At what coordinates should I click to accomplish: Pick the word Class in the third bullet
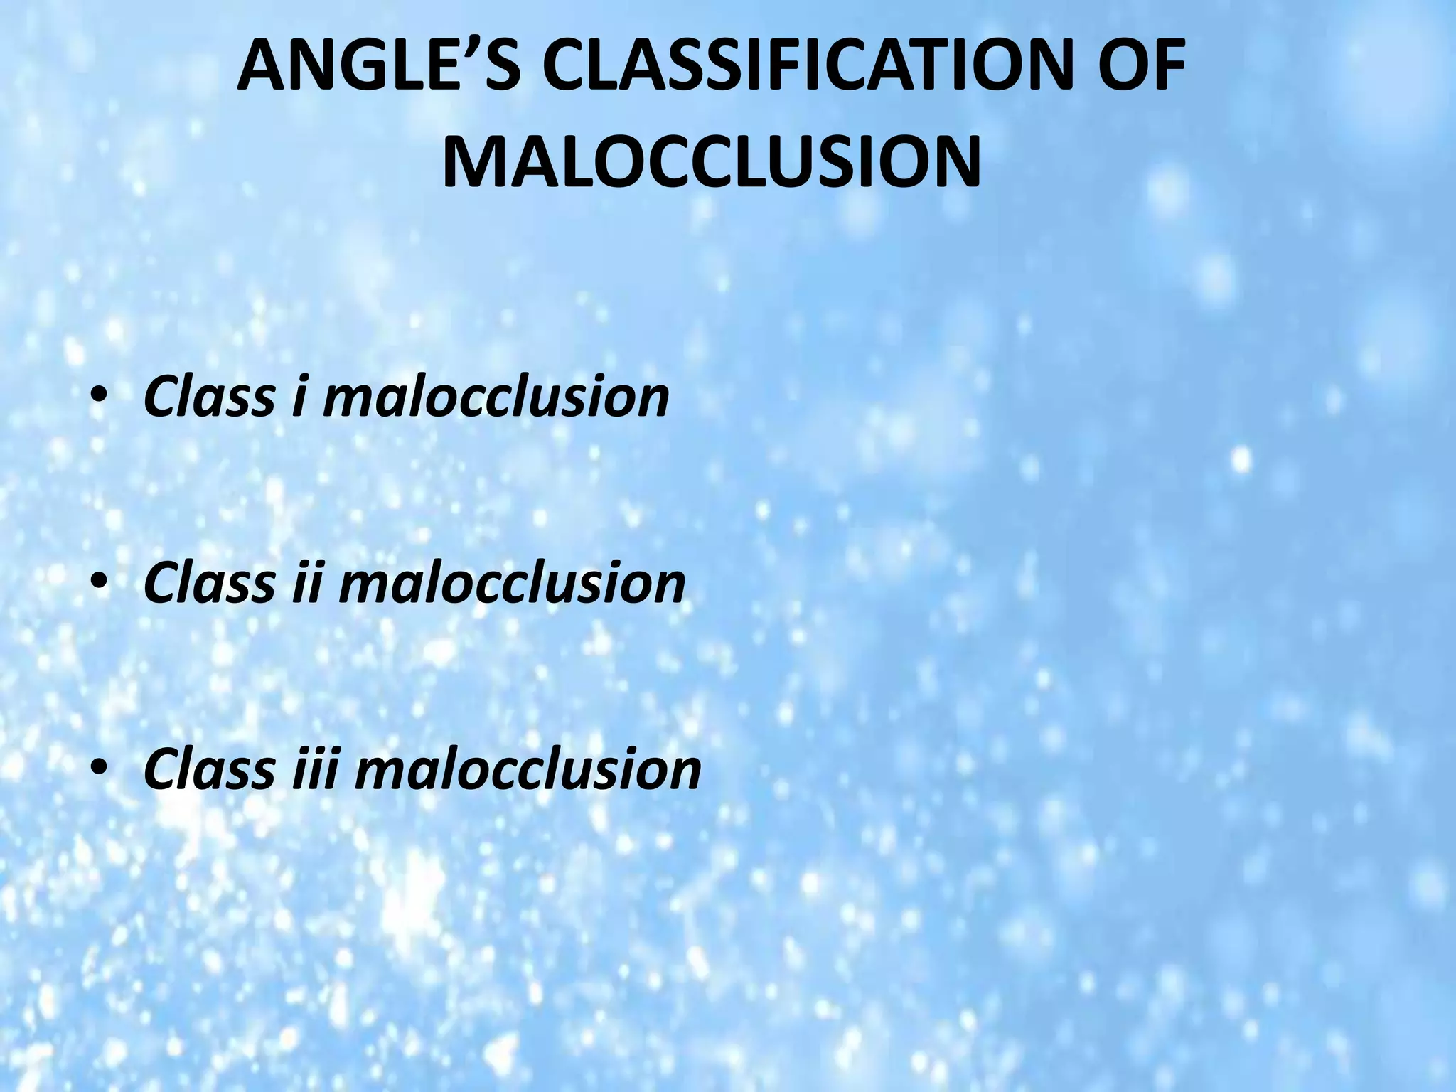click(209, 769)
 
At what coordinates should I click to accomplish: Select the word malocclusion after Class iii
click(528, 769)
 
